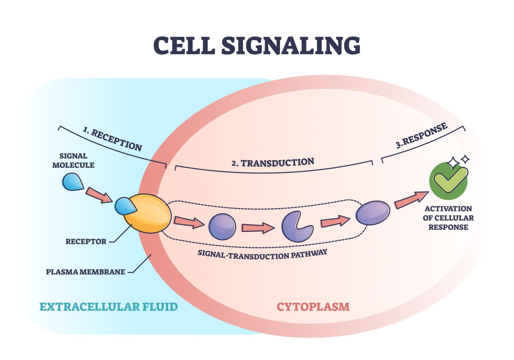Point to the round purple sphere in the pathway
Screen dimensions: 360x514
[x=222, y=227]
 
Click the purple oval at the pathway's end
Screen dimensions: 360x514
[x=373, y=213]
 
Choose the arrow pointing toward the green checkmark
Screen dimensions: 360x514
[x=411, y=200]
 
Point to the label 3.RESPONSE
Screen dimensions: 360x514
[x=421, y=135]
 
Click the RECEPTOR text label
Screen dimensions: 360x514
[x=86, y=242]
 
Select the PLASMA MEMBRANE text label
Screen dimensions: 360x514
[x=85, y=272]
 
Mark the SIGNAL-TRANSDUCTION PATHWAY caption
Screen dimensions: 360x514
[x=262, y=255]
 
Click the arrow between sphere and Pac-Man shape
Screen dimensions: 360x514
[x=258, y=228]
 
